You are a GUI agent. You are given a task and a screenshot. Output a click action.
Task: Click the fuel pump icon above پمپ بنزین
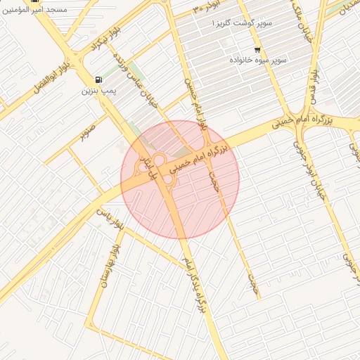click(x=96, y=79)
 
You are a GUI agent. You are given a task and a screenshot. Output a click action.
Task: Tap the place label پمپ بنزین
click(x=98, y=91)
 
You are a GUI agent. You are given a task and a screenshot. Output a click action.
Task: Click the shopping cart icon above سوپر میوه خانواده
click(x=257, y=50)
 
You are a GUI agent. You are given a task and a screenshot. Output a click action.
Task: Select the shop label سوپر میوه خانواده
click(x=257, y=60)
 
